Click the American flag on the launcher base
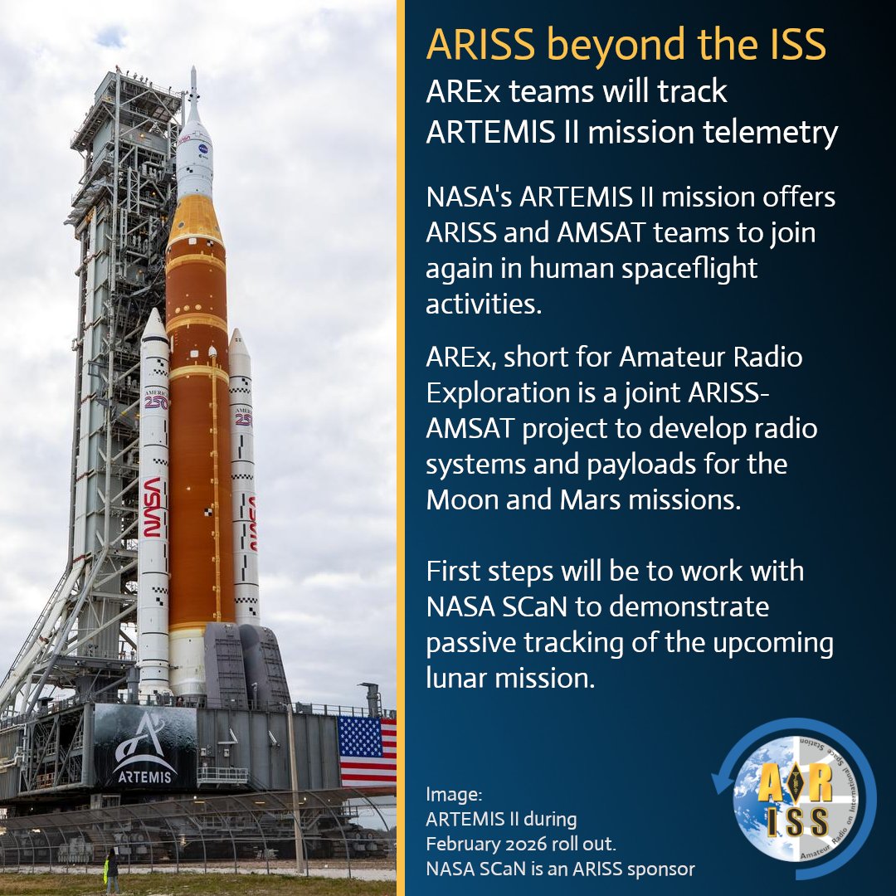coord(367,751)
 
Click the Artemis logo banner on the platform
coord(144,747)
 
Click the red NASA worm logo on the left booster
coord(152,506)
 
